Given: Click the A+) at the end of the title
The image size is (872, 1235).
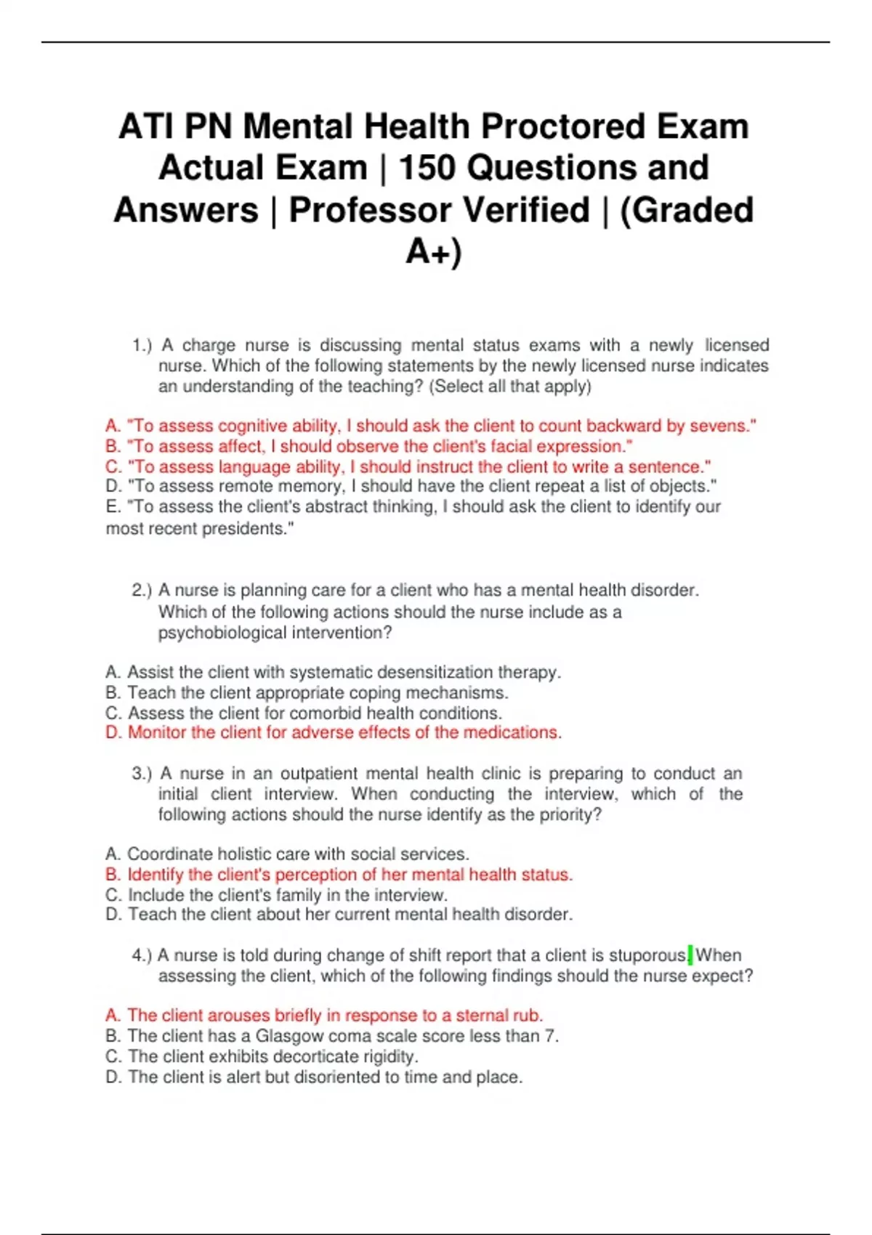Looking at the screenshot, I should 434,251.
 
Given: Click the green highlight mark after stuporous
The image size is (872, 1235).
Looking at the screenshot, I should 690,955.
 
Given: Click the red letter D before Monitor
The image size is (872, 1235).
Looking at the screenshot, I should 112,732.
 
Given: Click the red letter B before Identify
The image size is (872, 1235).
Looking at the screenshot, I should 112,875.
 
